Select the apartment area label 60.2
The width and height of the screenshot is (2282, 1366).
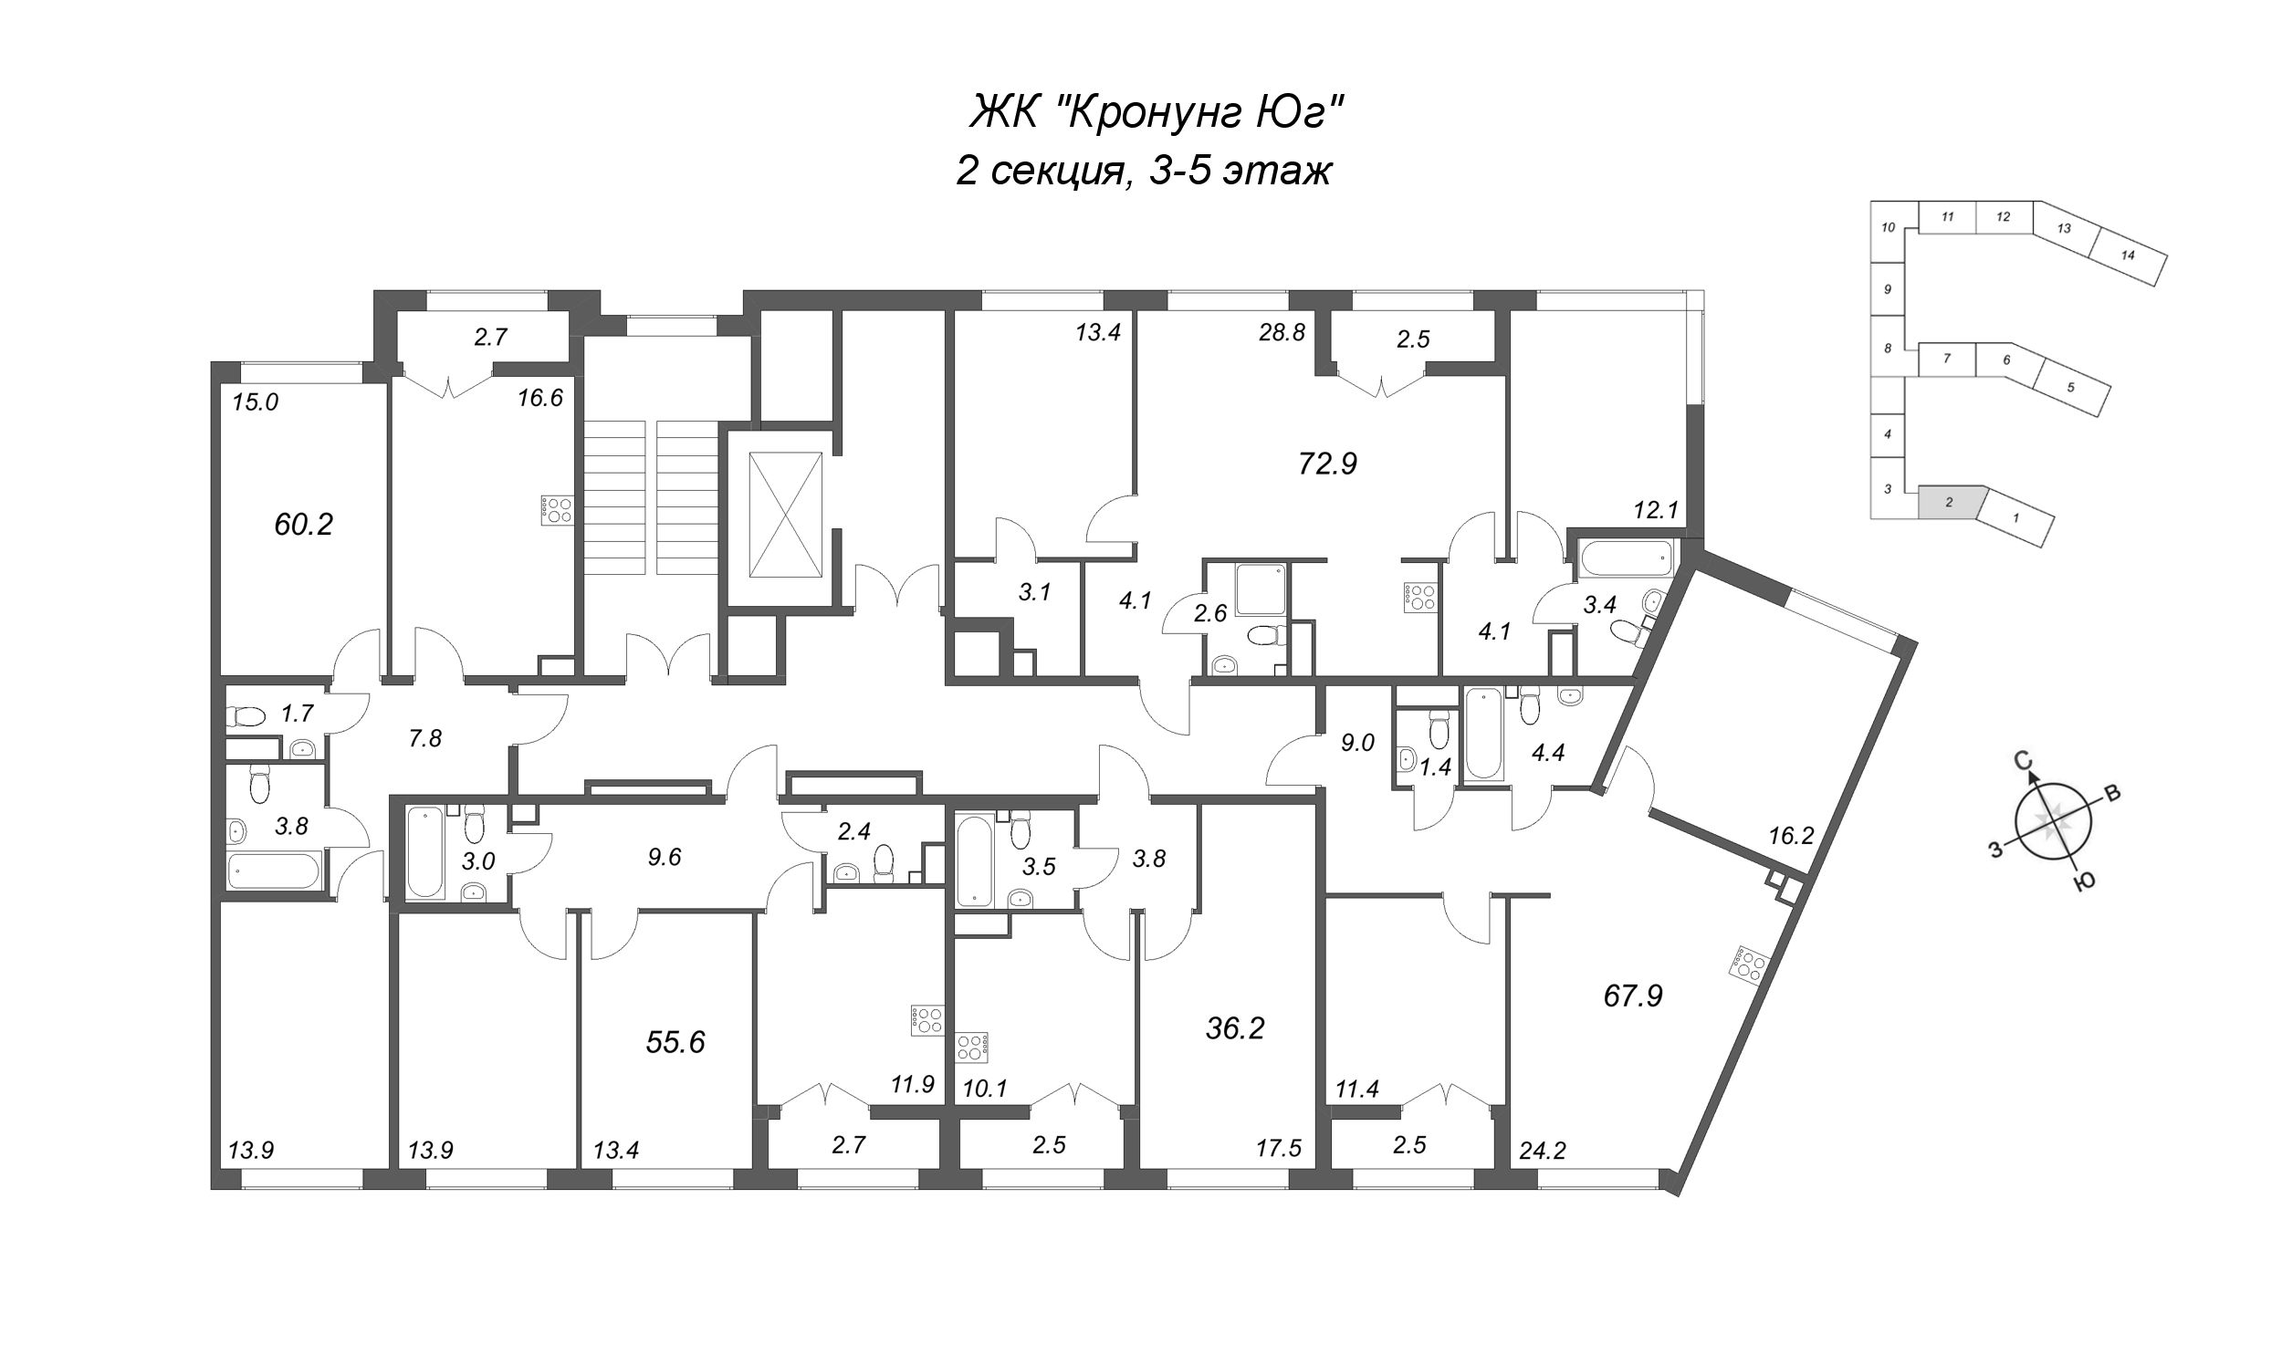click(303, 525)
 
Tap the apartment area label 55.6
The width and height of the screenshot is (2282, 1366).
click(675, 1042)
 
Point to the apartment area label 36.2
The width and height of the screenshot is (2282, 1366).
click(1235, 1028)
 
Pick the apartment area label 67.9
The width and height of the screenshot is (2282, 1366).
click(1633, 996)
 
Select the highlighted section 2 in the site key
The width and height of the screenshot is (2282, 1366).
click(1949, 503)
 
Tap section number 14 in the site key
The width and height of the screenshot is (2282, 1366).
click(2128, 255)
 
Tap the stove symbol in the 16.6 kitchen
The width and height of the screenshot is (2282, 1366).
click(558, 509)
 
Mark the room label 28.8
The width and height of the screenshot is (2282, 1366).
click(1282, 332)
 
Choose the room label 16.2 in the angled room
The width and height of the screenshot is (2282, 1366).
click(1790, 836)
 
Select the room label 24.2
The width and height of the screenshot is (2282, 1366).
click(1543, 1151)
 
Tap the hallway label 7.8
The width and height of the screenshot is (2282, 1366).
click(424, 738)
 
